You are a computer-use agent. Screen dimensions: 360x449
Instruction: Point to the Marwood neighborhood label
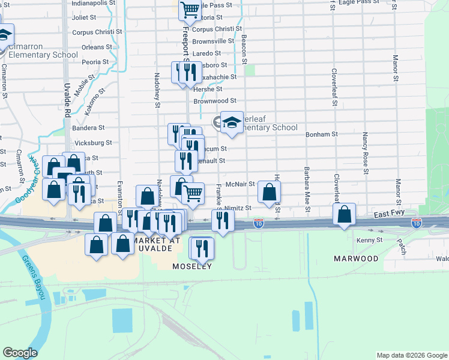(x=357, y=259)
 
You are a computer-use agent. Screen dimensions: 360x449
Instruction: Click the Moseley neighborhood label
(x=192, y=266)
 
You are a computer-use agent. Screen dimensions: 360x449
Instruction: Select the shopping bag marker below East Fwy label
(x=344, y=215)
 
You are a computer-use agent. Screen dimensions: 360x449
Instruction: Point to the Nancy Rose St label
(x=364, y=151)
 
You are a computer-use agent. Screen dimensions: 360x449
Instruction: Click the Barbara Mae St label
(x=307, y=189)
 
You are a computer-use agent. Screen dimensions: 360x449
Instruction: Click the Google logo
(x=20, y=353)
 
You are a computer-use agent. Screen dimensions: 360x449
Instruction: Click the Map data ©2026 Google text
(x=411, y=355)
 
